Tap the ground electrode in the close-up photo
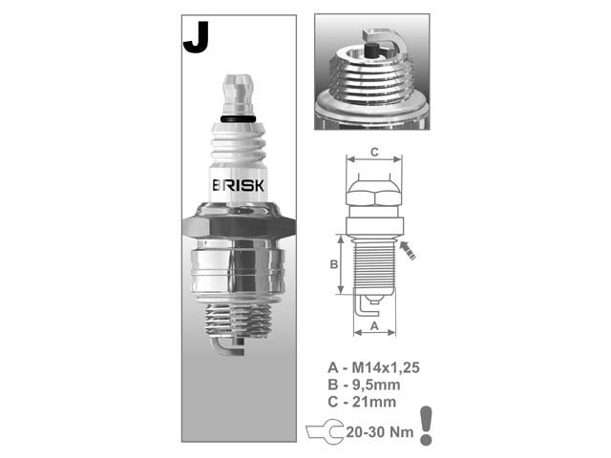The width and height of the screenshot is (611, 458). pos(377,39)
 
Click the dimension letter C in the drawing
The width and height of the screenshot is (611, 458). pos(374,151)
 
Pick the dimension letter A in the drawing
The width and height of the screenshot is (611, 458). pos(374,325)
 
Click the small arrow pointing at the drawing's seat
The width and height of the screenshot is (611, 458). pos(410,250)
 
